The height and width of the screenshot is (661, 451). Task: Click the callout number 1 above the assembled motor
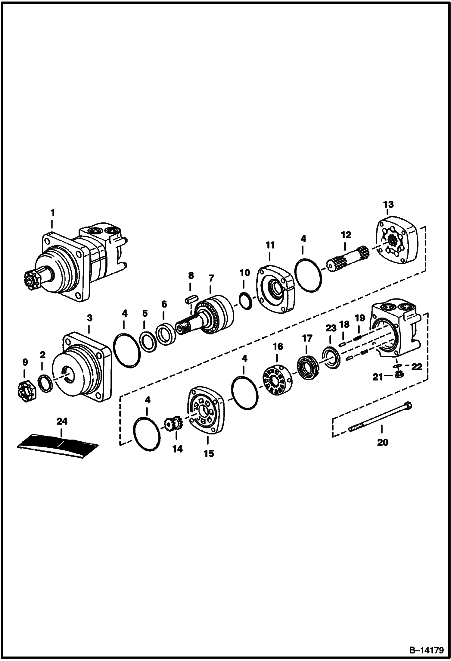(52, 213)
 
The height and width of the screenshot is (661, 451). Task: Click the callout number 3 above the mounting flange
(89, 318)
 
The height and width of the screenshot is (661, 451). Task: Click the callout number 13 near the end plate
(388, 205)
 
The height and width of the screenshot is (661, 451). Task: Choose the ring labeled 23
(331, 358)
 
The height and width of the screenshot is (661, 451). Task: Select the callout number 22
(417, 367)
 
